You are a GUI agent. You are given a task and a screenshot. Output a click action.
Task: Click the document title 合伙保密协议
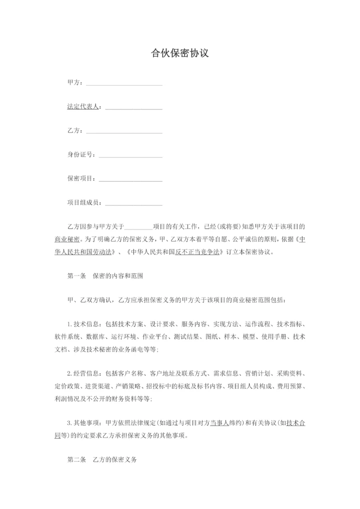click(180, 53)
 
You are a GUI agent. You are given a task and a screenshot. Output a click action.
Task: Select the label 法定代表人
click(83, 107)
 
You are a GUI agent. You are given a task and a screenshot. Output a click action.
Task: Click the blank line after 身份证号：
click(130, 155)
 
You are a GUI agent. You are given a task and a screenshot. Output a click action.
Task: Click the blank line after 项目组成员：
click(133, 203)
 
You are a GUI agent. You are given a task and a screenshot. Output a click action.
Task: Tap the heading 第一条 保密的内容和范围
click(105, 275)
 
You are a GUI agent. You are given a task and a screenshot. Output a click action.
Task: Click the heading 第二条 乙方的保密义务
click(102, 458)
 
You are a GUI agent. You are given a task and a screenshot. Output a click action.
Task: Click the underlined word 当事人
click(220, 422)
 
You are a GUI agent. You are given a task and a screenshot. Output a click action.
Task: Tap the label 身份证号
click(80, 155)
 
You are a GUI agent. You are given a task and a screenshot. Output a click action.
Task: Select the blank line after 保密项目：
click(130, 179)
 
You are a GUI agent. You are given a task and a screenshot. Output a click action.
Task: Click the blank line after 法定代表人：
click(133, 107)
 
